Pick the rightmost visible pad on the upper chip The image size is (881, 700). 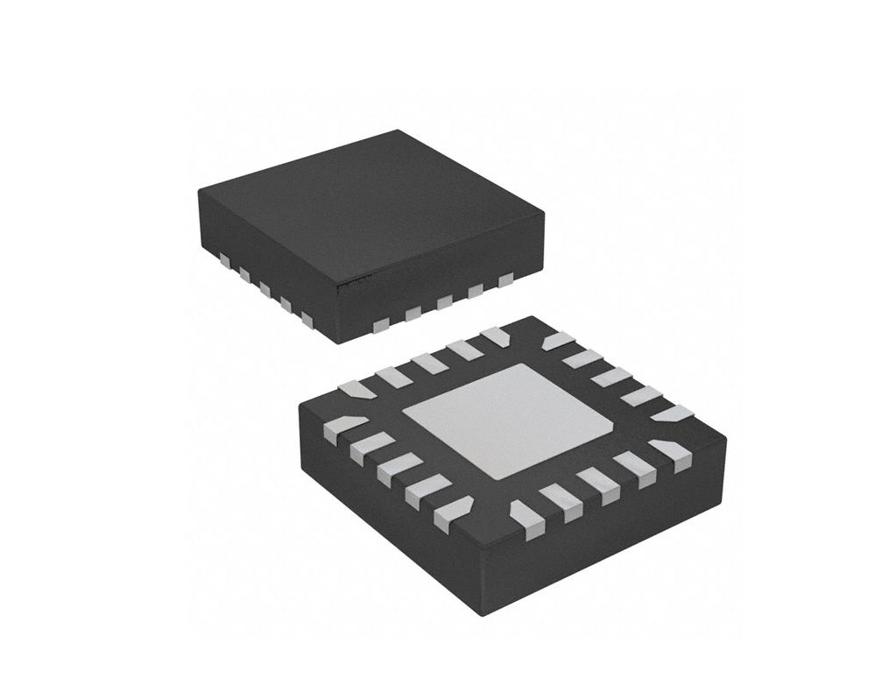click(505, 279)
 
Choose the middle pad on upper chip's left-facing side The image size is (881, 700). click(265, 288)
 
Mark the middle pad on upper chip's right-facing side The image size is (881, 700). click(445, 302)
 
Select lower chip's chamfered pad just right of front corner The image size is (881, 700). click(526, 514)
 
